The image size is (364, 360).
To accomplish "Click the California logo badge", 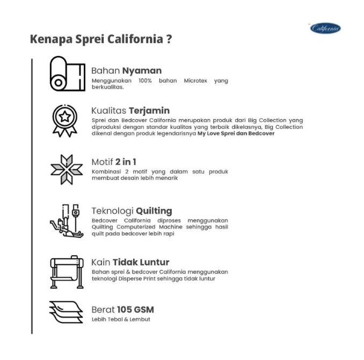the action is click(x=325, y=28).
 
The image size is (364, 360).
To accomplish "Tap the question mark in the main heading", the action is click(x=169, y=39).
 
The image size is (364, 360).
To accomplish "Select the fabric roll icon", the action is click(x=68, y=74).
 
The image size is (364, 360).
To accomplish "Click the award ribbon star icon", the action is click(x=65, y=120).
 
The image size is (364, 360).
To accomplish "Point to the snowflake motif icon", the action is click(x=67, y=169).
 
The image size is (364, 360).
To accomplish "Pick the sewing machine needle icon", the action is click(x=67, y=221).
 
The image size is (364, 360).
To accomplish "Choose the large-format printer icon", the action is click(x=67, y=272).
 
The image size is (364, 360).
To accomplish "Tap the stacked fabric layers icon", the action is click(x=66, y=312).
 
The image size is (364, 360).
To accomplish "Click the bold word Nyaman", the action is click(x=142, y=70).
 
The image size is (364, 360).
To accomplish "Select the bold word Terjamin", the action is click(x=149, y=111).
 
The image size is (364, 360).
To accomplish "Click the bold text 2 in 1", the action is click(x=126, y=162).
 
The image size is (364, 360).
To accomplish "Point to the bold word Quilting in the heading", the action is click(x=154, y=211).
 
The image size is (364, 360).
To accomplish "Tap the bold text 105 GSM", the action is click(x=135, y=309).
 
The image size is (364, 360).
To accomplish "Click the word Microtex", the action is click(x=195, y=81).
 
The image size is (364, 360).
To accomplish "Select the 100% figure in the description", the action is click(x=145, y=81).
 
